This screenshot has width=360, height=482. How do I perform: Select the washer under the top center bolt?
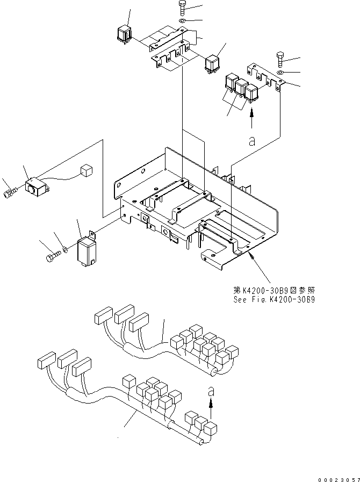coord(182,20)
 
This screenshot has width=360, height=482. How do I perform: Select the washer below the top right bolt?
coord(282,71)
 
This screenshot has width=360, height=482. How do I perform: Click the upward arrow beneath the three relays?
coord(251,115)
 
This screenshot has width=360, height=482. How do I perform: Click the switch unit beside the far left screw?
coord(36,188)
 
